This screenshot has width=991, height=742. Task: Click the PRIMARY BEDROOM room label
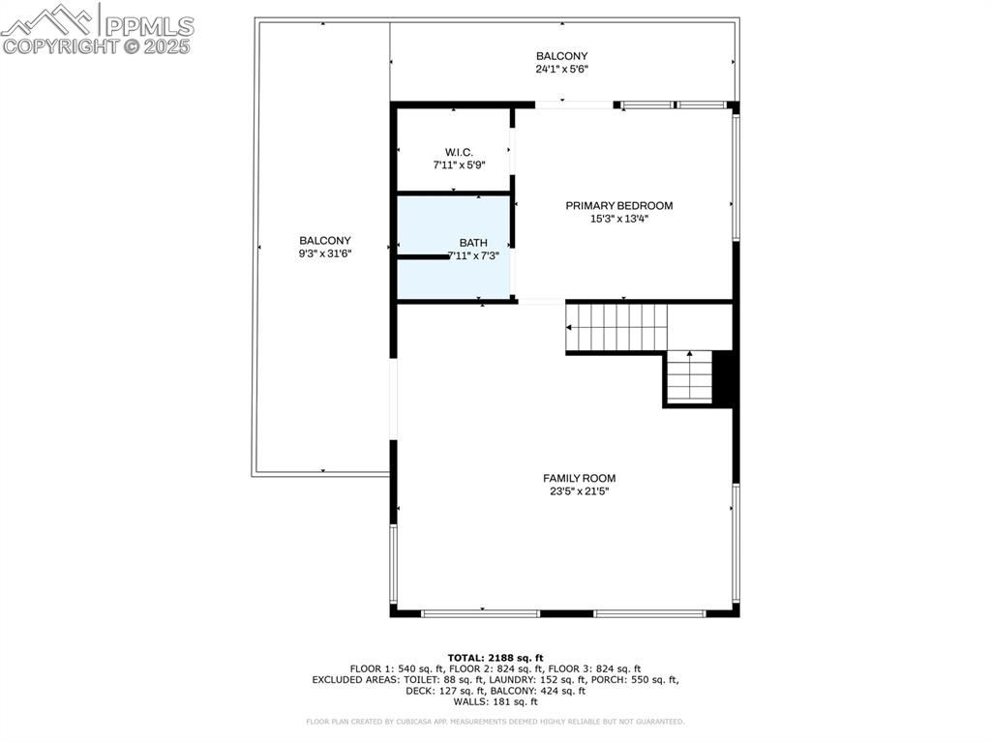[x=618, y=205]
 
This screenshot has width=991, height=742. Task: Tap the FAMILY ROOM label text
[x=579, y=478]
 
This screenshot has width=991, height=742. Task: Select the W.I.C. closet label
[x=459, y=152]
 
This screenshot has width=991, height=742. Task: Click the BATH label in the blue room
[x=473, y=243]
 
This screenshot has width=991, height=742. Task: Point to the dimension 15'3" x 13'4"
[x=618, y=219]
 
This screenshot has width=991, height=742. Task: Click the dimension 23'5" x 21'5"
[x=579, y=491]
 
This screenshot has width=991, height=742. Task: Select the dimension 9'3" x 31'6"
[x=324, y=253]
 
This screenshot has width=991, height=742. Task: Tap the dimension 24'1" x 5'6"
[x=561, y=69]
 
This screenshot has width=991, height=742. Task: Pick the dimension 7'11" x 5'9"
[x=459, y=165]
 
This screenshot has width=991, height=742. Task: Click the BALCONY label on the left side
[x=324, y=240]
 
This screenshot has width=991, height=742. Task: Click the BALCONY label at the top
[x=561, y=56]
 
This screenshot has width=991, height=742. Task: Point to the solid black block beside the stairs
[x=725, y=378]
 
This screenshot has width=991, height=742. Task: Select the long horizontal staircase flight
[x=616, y=328]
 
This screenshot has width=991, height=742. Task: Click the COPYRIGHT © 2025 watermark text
[x=97, y=45]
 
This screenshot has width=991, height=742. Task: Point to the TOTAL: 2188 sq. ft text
[x=495, y=657]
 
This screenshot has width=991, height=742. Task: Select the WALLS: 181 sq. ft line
[x=495, y=701]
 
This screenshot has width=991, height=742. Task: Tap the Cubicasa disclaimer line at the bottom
[x=495, y=722]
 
